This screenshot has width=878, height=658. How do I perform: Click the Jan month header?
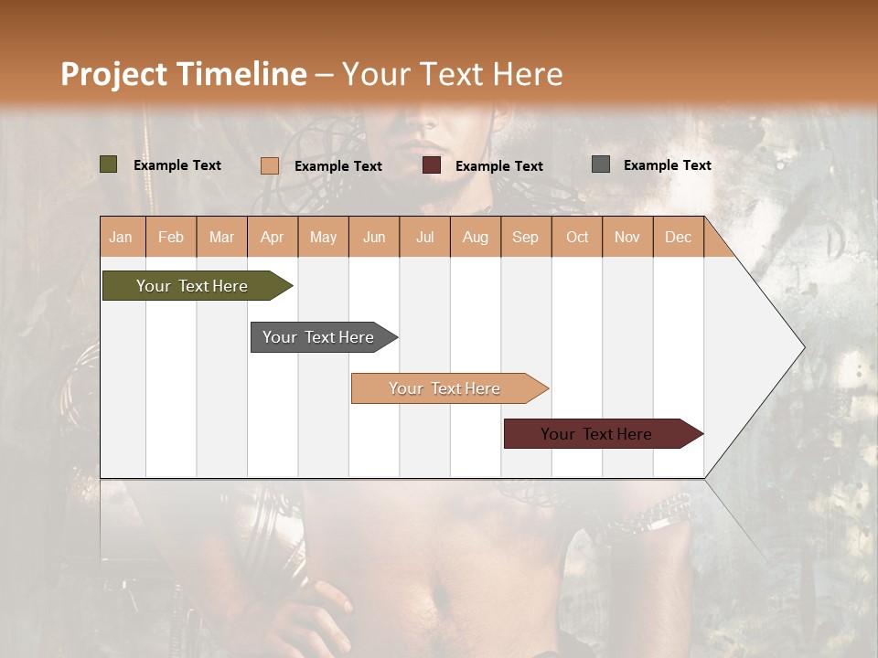[121, 238]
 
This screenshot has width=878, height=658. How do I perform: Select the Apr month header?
[272, 238]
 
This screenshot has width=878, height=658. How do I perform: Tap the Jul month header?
[424, 238]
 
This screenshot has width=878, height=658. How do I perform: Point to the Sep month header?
[525, 238]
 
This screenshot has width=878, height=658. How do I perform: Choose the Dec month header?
[678, 238]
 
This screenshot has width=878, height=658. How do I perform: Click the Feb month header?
[171, 238]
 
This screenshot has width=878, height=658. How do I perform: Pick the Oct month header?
[577, 238]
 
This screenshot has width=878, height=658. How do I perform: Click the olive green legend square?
[109, 164]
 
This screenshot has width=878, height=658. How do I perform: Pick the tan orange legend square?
[270, 165]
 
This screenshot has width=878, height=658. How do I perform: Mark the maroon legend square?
[432, 165]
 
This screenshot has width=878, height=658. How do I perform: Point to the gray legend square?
[601, 164]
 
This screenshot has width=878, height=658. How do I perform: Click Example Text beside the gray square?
[667, 165]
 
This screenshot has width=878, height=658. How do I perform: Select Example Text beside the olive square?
[177, 165]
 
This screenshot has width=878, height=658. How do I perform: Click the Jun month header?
[374, 238]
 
